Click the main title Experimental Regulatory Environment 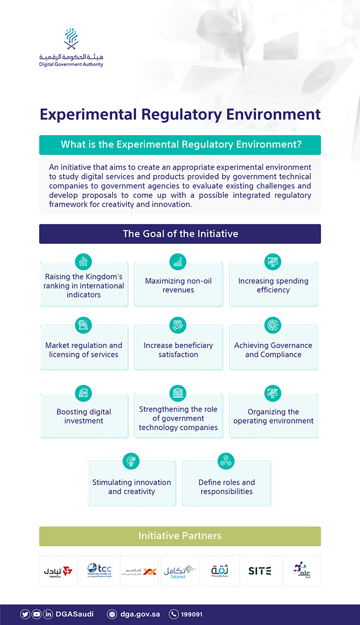(x=180, y=114)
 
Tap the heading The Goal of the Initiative (x=180, y=234)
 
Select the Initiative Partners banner (x=180, y=536)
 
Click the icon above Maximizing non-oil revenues (x=178, y=262)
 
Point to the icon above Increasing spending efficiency (x=273, y=262)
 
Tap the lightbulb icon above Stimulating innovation (x=131, y=461)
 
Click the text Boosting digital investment (x=84, y=416)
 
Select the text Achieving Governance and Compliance (x=273, y=350)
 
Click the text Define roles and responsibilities (x=227, y=487)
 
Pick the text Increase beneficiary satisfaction (x=178, y=350)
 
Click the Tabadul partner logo (x=58, y=571)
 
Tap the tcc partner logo (x=99, y=571)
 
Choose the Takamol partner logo (x=180, y=571)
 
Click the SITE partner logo (x=260, y=571)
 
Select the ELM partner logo (x=301, y=570)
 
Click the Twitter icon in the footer (x=25, y=614)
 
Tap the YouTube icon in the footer (x=37, y=614)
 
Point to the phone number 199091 (x=191, y=614)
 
